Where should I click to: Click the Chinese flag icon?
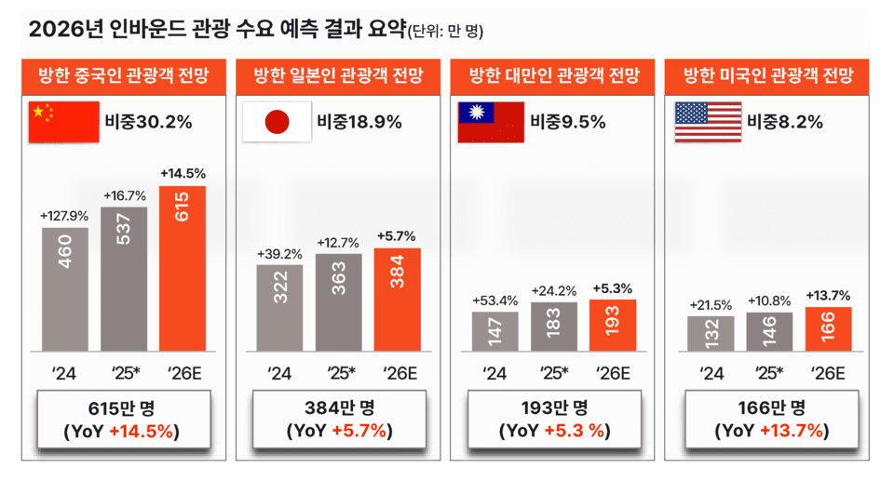click(64, 122)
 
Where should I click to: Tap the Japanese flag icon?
click(277, 122)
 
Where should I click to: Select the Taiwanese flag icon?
click(490, 122)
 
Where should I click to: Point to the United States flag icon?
click(707, 122)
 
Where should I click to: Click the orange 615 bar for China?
click(183, 268)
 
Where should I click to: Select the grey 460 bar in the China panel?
click(65, 289)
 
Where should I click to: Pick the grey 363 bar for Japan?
click(338, 302)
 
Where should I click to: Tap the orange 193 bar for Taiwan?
click(612, 325)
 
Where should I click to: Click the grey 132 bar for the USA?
click(711, 333)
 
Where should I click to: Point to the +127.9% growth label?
click(64, 216)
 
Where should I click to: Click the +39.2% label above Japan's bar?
click(279, 254)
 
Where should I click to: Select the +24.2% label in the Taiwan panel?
click(553, 290)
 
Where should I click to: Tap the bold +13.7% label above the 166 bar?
click(828, 295)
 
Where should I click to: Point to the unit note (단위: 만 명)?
click(445, 33)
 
